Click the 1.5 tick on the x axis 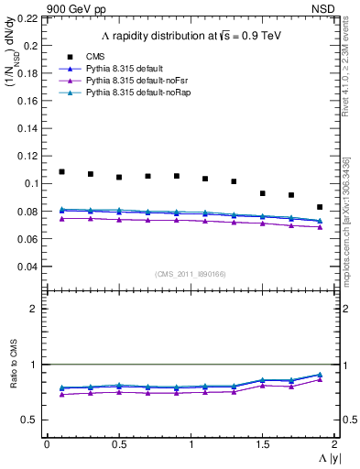click(262, 444)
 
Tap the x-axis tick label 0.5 click(118, 444)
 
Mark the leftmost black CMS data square click(61, 171)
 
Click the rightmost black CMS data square click(320, 207)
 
